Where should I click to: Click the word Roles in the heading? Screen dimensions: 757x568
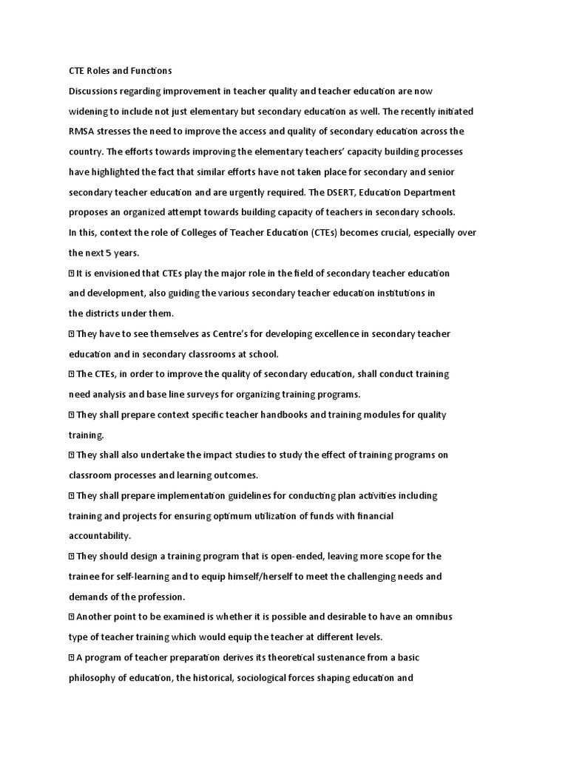(x=102, y=71)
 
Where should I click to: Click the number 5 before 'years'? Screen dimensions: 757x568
(x=108, y=253)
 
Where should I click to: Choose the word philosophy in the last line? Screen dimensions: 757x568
(x=97, y=677)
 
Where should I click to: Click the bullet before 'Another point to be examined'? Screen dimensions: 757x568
(x=71, y=617)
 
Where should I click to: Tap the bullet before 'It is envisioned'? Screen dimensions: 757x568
(x=71, y=273)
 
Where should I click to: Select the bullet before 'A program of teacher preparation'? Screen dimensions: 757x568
(x=71, y=657)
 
